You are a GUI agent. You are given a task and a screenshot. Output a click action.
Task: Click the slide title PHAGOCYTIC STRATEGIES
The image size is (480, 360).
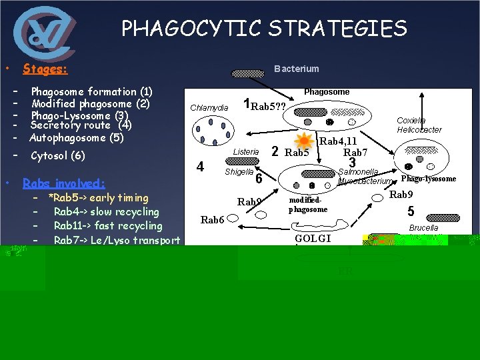pyautogui.click(x=264, y=29)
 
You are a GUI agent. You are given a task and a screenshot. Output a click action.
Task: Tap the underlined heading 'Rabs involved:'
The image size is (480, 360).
pyautogui.click(x=63, y=183)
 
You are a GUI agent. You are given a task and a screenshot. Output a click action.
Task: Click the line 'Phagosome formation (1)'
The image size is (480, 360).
pyautogui.click(x=91, y=91)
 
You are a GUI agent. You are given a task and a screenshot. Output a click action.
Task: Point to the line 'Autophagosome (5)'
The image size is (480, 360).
pyautogui.click(x=77, y=138)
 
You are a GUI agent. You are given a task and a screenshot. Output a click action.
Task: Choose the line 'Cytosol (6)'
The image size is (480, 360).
pyautogui.click(x=58, y=155)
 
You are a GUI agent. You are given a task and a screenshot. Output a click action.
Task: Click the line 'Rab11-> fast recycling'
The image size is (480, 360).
pyautogui.click(x=107, y=226)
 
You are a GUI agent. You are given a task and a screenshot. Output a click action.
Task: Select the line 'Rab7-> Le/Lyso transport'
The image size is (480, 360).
pyautogui.click(x=117, y=240)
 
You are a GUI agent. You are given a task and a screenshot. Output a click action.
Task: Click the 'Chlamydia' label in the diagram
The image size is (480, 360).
pyautogui.click(x=209, y=108)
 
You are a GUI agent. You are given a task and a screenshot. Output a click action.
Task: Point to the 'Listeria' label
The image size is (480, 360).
pyautogui.click(x=246, y=152)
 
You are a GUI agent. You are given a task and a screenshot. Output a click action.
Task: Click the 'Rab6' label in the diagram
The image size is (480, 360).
pyautogui.click(x=212, y=220)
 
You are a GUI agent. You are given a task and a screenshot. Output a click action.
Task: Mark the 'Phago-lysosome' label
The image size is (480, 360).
pyautogui.click(x=429, y=179)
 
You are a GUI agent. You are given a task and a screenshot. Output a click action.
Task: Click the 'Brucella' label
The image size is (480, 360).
pyautogui.click(x=423, y=227)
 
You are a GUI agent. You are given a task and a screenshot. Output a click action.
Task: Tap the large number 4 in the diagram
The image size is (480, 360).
pyautogui.click(x=200, y=167)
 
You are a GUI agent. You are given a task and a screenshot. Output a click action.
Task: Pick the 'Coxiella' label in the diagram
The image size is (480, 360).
pyautogui.click(x=411, y=121)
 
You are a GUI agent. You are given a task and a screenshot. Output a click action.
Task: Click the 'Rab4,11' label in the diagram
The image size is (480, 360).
pyautogui.click(x=339, y=141)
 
